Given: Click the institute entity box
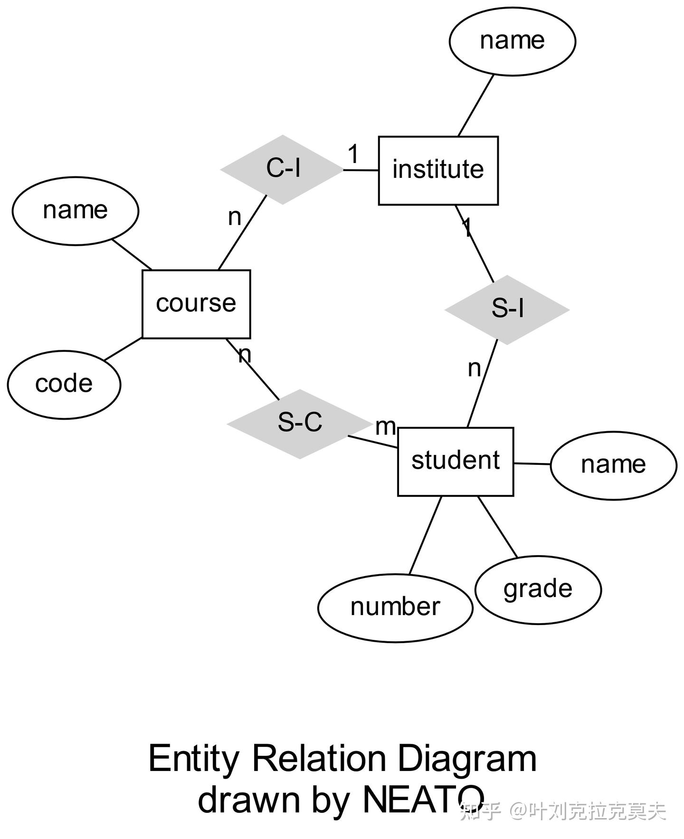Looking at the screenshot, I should [438, 170].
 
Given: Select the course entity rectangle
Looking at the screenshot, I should [196, 304].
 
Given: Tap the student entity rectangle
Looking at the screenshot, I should [455, 461].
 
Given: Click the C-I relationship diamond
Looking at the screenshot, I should [282, 169].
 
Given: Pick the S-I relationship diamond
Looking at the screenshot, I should [507, 309].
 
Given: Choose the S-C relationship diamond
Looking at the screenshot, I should [299, 423].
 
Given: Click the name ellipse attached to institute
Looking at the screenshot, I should [512, 41].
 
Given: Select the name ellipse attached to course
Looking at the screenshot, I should [75, 211].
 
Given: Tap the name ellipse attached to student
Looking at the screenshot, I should [613, 465].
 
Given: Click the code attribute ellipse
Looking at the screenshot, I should [64, 384].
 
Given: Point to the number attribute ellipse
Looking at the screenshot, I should [395, 608].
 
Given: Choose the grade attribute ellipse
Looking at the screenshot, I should [538, 589].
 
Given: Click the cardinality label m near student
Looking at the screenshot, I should [385, 426].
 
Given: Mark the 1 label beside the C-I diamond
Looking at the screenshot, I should [353, 154].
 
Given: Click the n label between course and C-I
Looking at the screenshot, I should [235, 217].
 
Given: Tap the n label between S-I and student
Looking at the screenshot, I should [474, 368].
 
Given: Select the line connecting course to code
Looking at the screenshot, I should [123, 349].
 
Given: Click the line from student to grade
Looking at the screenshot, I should [497, 526].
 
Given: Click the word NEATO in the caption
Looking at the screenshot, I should [423, 800].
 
